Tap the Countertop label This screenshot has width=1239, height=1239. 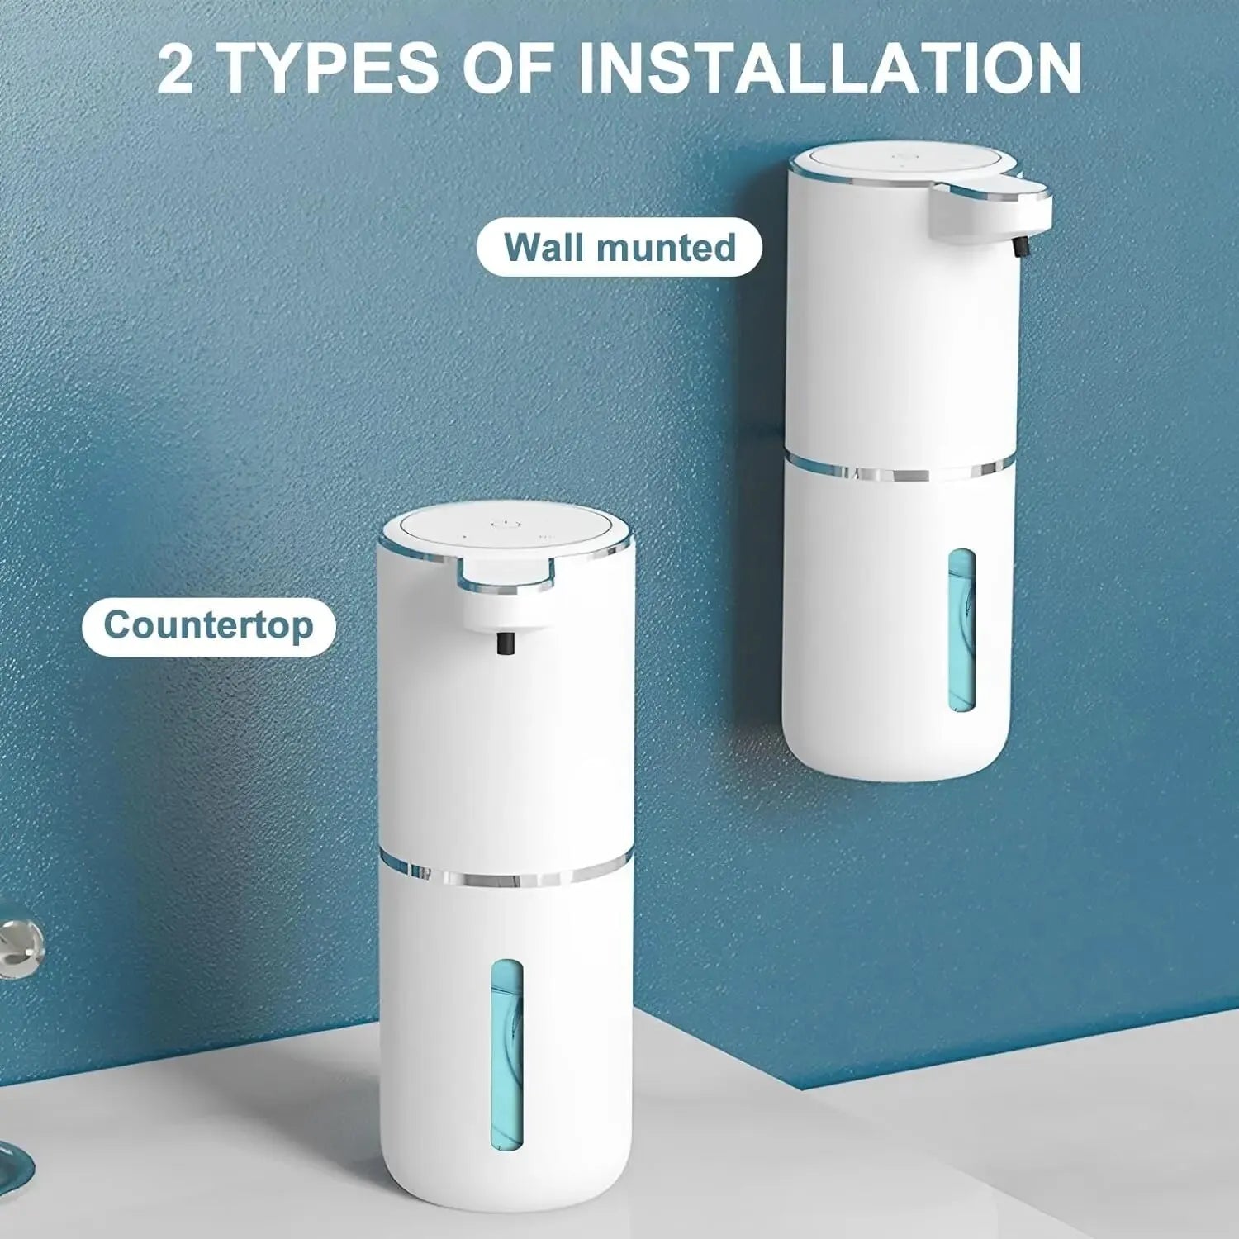point(209,625)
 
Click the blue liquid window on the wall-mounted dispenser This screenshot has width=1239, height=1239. point(961,631)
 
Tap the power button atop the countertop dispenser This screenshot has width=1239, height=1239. point(501,524)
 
